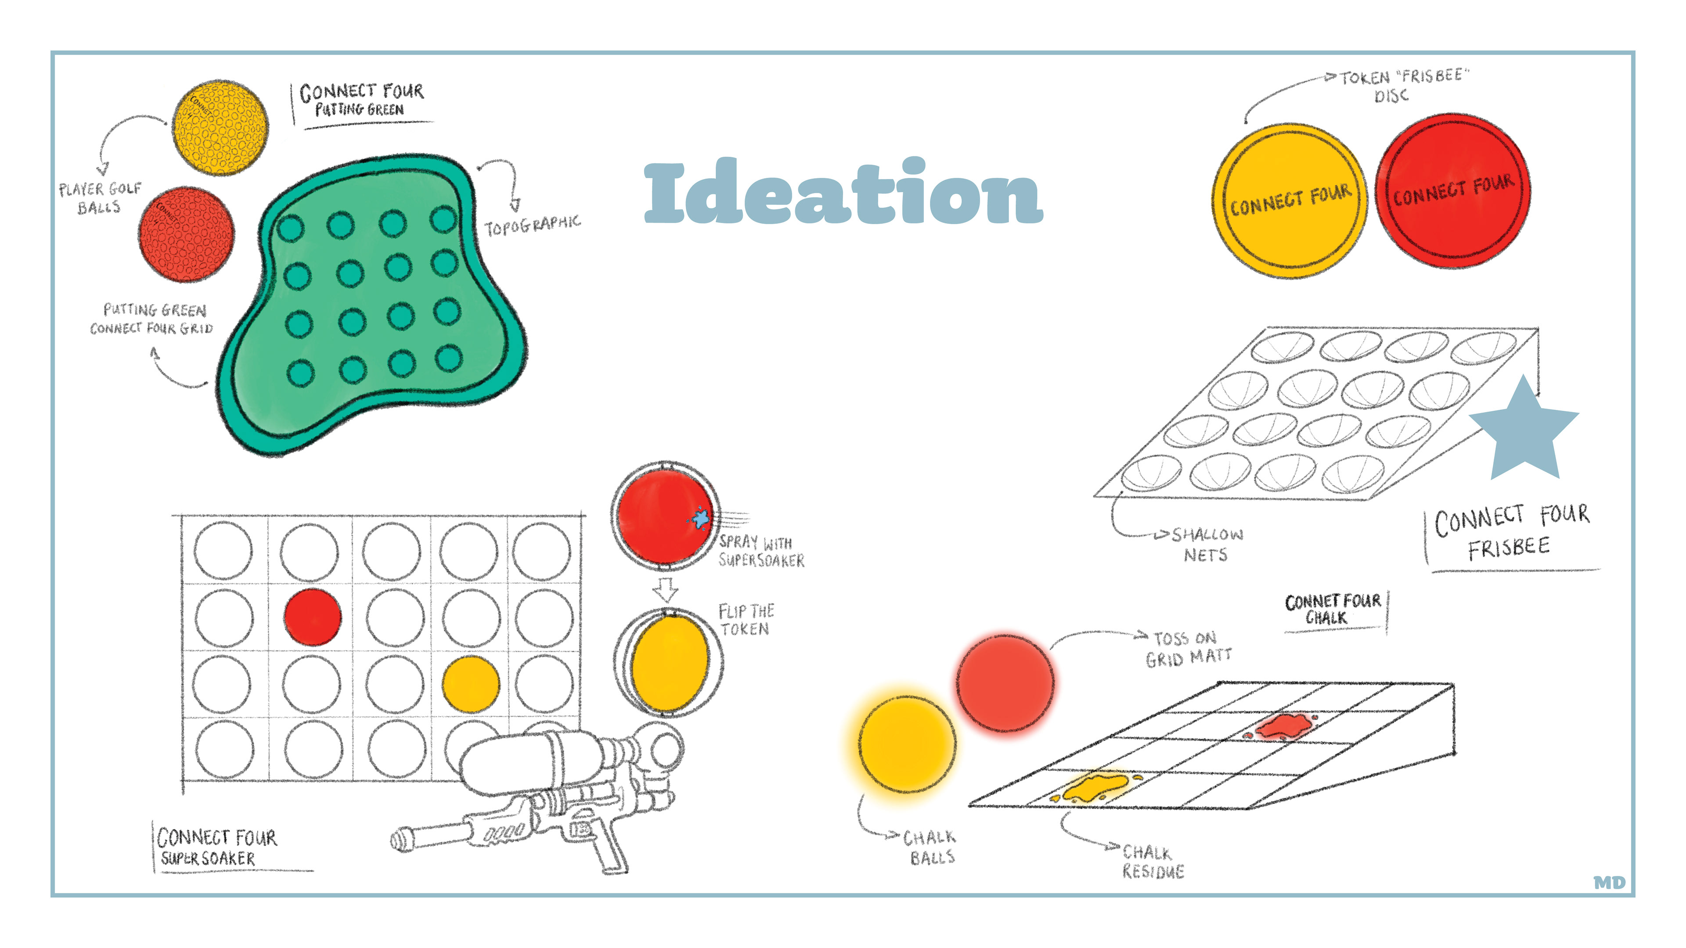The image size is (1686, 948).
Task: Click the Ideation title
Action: pyautogui.click(x=843, y=192)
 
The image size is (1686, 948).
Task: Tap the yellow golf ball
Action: pyautogui.click(x=220, y=128)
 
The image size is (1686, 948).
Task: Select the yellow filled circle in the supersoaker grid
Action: pyautogui.click(x=471, y=684)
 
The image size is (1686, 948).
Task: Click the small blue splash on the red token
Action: pyautogui.click(x=700, y=518)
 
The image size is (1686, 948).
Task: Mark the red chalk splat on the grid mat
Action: pyautogui.click(x=1283, y=726)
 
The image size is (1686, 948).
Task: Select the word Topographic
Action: pyautogui.click(x=532, y=225)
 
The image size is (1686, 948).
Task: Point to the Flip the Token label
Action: pyautogui.click(x=746, y=620)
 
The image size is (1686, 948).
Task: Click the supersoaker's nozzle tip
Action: pyautogui.click(x=399, y=840)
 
